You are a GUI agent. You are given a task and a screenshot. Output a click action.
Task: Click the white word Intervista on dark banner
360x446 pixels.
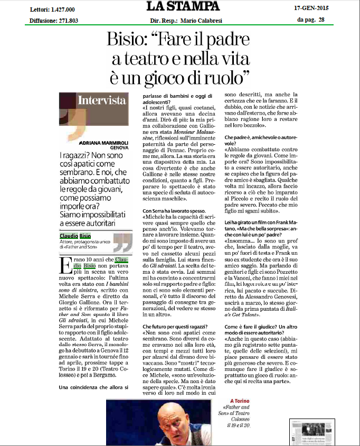pyautogui.click(x=102, y=100)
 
